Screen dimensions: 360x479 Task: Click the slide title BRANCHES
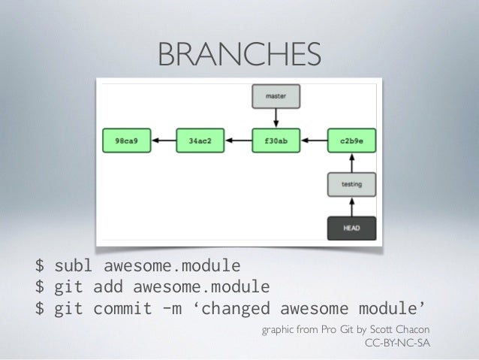pos(239,53)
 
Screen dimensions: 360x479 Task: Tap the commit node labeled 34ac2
pos(200,139)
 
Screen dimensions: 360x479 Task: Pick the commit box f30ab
pos(277,139)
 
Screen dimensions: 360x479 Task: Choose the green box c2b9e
pos(351,139)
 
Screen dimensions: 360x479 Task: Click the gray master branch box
pos(277,96)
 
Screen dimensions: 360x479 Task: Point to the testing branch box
pos(351,183)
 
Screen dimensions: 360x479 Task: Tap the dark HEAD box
pos(351,227)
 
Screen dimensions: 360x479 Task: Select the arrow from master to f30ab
pos(277,116)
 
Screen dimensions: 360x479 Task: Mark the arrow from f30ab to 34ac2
pos(239,139)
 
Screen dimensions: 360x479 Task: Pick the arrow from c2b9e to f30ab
pos(315,139)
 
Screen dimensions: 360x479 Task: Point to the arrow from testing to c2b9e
pos(351,161)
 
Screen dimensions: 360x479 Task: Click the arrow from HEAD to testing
pos(351,205)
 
